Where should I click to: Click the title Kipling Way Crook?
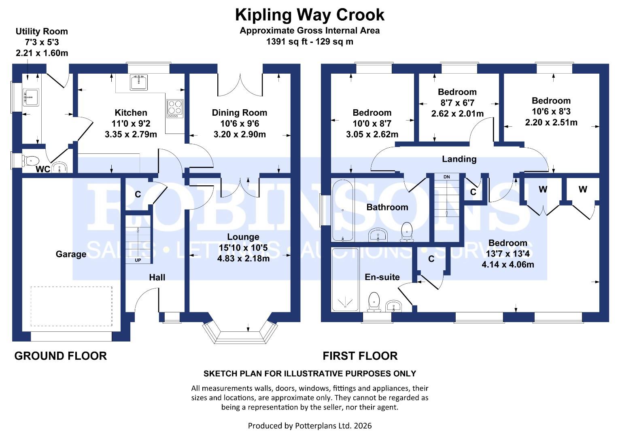(x=310, y=15)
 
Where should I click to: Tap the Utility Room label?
(x=42, y=32)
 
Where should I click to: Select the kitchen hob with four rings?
(x=175, y=108)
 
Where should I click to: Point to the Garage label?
(x=71, y=254)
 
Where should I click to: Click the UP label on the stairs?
(x=138, y=260)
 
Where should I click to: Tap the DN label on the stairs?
(x=446, y=177)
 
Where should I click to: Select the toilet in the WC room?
(x=30, y=161)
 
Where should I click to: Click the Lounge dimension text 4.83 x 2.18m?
(x=243, y=258)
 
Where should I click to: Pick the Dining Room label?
(x=240, y=112)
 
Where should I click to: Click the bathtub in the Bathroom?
(x=342, y=210)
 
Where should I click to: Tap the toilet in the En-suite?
(x=374, y=302)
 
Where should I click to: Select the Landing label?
(x=459, y=159)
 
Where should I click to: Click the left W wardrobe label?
(x=543, y=189)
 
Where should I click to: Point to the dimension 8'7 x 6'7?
(x=457, y=103)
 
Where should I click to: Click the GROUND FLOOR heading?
(x=61, y=356)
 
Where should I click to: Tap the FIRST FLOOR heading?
(x=360, y=356)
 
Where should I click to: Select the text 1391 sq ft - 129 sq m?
(x=310, y=42)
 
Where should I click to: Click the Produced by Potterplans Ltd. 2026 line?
(x=310, y=426)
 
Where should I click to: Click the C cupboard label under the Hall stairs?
(x=138, y=195)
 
